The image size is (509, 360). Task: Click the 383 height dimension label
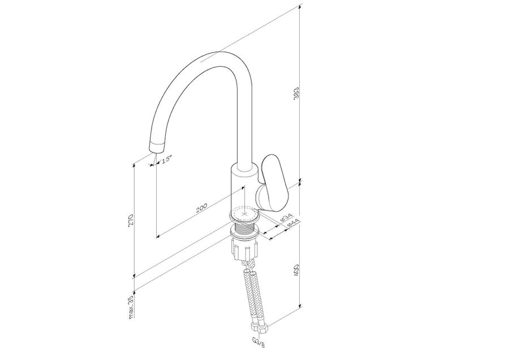[296, 93]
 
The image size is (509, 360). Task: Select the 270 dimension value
[131, 220]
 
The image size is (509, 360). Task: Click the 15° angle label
[166, 159]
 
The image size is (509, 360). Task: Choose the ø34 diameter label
[286, 217]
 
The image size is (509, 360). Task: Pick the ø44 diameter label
[293, 223]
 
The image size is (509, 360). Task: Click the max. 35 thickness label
[131, 307]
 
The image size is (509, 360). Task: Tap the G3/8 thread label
[258, 342]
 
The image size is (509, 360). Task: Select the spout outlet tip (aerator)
[157, 147]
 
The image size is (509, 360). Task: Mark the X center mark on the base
[244, 214]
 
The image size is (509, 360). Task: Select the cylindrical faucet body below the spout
[244, 190]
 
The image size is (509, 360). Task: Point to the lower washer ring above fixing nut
[244, 233]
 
